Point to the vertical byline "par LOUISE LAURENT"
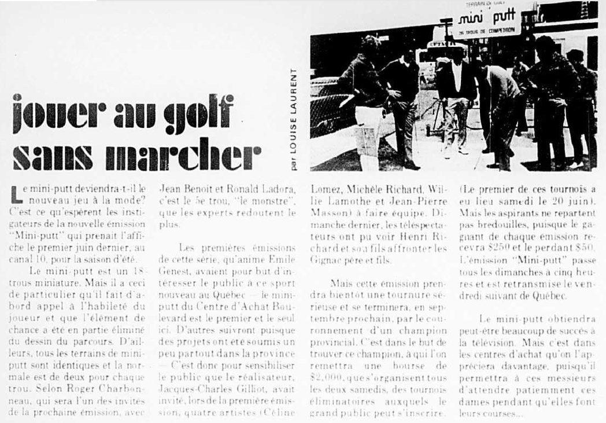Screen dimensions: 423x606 click(x=294, y=119)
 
